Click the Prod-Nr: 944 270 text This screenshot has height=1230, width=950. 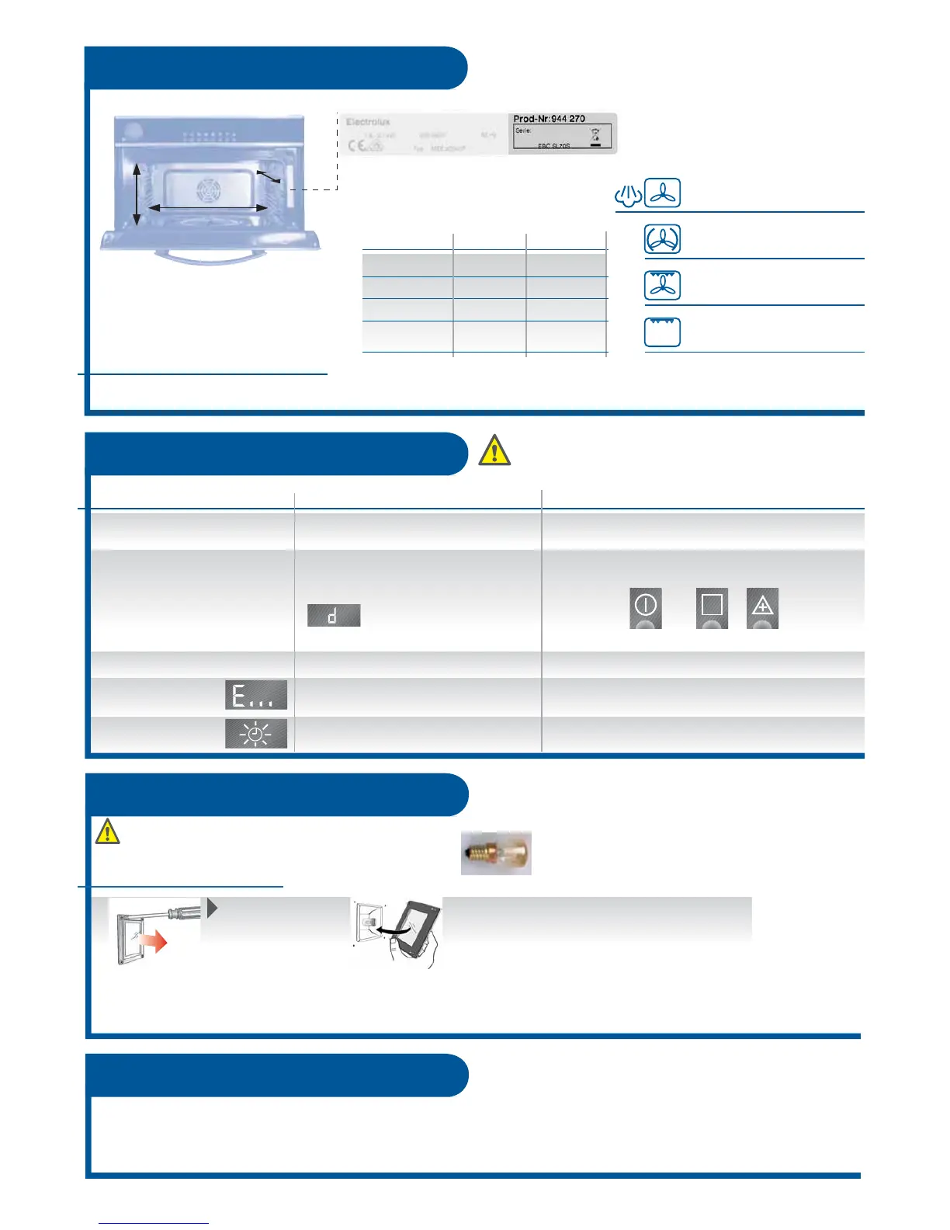(x=550, y=119)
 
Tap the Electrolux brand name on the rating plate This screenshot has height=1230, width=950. (x=368, y=122)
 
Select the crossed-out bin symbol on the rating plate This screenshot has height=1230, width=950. (x=595, y=137)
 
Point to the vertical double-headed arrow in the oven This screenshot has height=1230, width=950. (x=137, y=194)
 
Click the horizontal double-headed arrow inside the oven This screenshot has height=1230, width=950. (x=207, y=207)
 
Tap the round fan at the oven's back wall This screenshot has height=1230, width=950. (x=207, y=189)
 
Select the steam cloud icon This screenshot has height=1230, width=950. (x=628, y=195)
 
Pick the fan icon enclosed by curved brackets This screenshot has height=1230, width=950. (x=662, y=240)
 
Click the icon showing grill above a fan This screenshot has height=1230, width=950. (x=662, y=286)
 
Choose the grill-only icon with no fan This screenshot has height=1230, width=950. (x=662, y=332)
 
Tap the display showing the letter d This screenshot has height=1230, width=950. (x=334, y=616)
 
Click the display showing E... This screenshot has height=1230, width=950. (x=256, y=695)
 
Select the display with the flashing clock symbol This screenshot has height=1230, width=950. (x=256, y=734)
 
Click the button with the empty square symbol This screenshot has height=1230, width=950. (x=712, y=607)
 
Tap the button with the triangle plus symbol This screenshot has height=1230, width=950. (x=762, y=607)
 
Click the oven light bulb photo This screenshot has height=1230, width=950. (x=496, y=853)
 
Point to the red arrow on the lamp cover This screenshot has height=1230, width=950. (x=155, y=943)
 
